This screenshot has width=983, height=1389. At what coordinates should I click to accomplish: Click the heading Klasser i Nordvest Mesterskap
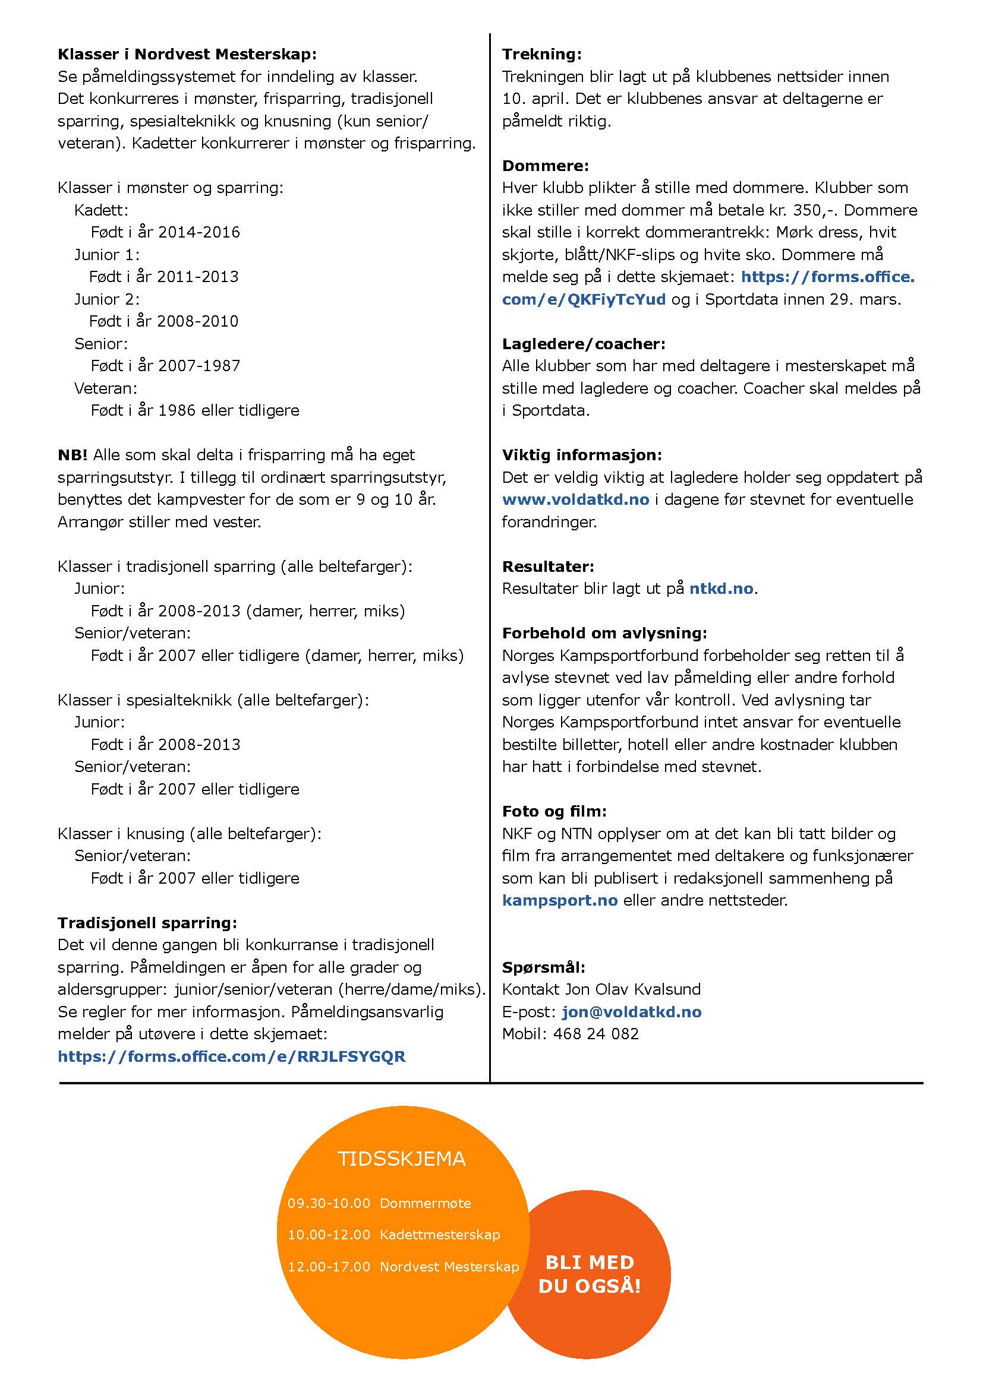pyautogui.click(x=187, y=55)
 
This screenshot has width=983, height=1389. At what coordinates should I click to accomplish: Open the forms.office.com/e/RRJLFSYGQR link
pyautogui.click(x=231, y=1056)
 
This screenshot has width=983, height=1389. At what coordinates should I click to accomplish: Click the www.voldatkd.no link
pyautogui.click(x=575, y=499)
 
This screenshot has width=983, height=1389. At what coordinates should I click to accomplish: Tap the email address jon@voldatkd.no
pyautogui.click(x=631, y=1012)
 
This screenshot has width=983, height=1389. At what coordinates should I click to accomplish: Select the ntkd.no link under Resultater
pyautogui.click(x=721, y=588)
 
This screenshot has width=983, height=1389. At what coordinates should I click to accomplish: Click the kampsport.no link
pyautogui.click(x=560, y=900)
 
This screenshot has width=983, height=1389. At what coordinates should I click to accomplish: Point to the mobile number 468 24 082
pyautogui.click(x=596, y=1034)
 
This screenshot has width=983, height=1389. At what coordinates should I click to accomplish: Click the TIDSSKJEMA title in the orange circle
pyautogui.click(x=401, y=1159)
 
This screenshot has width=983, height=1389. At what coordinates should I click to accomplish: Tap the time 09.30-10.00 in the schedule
pyautogui.click(x=329, y=1203)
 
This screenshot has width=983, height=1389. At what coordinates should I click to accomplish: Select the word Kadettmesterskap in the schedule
pyautogui.click(x=439, y=1235)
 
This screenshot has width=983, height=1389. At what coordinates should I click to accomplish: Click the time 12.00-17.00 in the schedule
pyautogui.click(x=329, y=1267)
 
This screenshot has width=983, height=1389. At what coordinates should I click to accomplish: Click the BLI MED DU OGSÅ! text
pyautogui.click(x=590, y=1273)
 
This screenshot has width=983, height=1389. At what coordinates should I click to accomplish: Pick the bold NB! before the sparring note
pyautogui.click(x=73, y=455)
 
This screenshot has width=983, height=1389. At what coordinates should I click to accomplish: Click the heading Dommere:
pyautogui.click(x=546, y=166)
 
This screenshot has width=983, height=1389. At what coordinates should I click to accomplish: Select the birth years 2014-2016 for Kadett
pyautogui.click(x=199, y=232)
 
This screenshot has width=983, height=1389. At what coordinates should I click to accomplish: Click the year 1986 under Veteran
pyautogui.click(x=177, y=410)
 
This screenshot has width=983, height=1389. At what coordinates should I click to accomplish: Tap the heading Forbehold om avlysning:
pyautogui.click(x=604, y=634)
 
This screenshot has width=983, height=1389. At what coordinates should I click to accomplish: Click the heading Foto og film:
pyautogui.click(x=554, y=811)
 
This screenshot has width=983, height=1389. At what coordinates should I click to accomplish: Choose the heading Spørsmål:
pyautogui.click(x=544, y=967)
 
